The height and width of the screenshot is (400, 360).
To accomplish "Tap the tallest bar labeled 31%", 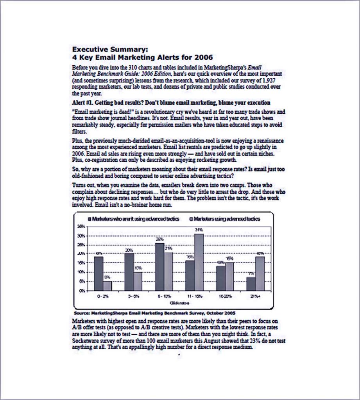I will (x=199, y=262).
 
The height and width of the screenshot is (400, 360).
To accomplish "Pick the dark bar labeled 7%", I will (x=251, y=284).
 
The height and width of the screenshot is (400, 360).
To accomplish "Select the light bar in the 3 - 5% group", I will (x=138, y=281).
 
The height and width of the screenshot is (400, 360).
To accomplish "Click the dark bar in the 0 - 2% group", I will (x=99, y=273).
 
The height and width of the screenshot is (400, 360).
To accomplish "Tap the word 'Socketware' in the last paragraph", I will (x=86, y=340).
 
